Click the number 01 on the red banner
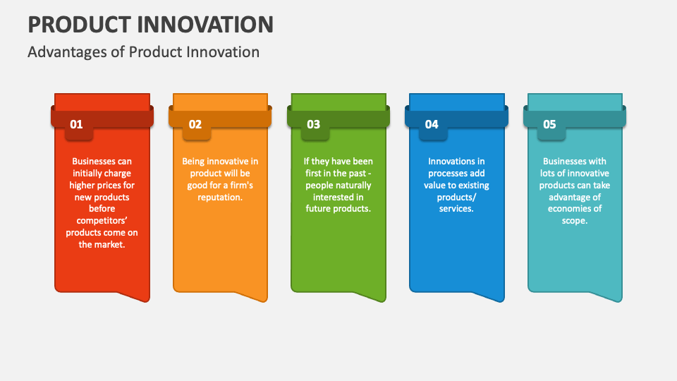(76, 125)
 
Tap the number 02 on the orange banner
(195, 125)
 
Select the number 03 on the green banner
(313, 125)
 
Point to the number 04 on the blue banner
(432, 125)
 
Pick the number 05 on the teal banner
(549, 125)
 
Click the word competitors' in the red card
(102, 221)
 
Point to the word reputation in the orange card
(220, 198)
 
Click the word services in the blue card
(456, 209)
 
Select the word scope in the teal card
(574, 221)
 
